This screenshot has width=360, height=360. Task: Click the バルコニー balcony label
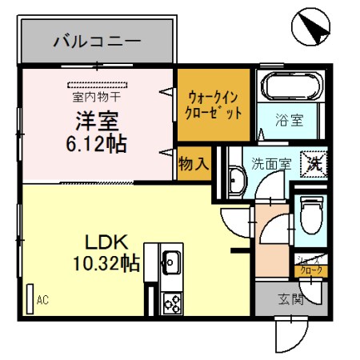point(97,40)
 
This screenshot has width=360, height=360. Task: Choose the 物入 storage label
point(194,164)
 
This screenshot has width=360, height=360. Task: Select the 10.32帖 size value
point(106,262)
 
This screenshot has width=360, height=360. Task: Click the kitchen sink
point(170,259)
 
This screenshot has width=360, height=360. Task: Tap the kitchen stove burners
point(171,302)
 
